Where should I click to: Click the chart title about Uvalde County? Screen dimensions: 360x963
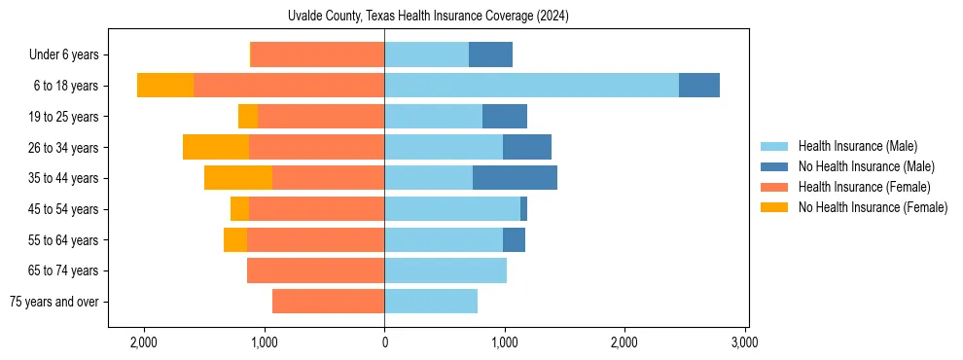pos(429,17)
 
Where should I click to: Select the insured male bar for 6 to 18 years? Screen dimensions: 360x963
pos(531,86)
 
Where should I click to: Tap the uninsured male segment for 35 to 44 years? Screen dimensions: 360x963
pos(515,178)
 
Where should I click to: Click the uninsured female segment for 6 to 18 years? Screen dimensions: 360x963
pos(165,86)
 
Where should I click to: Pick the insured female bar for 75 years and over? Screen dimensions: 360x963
pos(328,302)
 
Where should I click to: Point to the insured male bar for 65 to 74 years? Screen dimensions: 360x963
pos(446,270)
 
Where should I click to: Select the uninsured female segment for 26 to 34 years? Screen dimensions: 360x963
pos(216,147)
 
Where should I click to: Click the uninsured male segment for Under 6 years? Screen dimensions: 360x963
pos(490,54)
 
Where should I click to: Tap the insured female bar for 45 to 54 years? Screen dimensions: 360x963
pos(316,209)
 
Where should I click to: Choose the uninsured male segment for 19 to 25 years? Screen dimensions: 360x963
pos(505,117)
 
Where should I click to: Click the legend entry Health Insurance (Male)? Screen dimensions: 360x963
pos(857,146)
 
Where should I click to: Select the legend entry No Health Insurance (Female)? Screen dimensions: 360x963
pos(873,207)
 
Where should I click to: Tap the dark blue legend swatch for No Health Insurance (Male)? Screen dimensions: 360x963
pos(774,166)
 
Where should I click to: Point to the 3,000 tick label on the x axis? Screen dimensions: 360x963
pos(744,342)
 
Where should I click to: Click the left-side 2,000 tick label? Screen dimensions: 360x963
pos(144,342)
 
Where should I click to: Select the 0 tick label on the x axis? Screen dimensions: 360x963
pos(384,342)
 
